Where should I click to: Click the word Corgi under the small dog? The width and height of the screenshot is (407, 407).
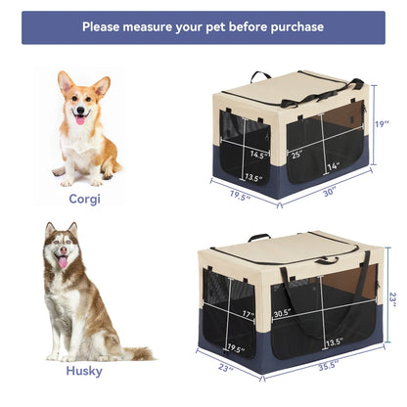[x=84, y=198]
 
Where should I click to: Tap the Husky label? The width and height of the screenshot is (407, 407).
[x=84, y=371]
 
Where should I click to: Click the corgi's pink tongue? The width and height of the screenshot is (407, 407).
[x=80, y=121]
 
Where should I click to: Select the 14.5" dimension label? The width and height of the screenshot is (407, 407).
[x=259, y=154]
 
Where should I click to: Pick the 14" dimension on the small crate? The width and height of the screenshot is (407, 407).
[x=333, y=167]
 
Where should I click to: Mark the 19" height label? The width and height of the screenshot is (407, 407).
[x=383, y=125]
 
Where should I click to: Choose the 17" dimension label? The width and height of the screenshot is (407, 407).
[x=249, y=314]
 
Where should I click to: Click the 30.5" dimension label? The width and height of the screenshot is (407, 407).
[x=283, y=314]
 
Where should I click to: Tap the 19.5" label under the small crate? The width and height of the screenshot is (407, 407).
[x=238, y=196]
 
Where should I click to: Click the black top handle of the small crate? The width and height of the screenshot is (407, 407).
[x=260, y=76]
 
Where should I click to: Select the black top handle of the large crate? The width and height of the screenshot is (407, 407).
[x=258, y=236]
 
